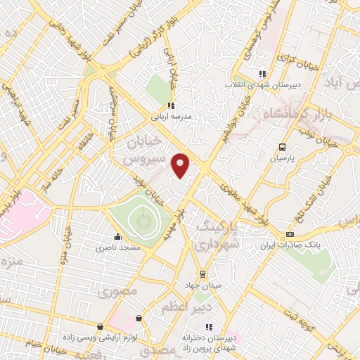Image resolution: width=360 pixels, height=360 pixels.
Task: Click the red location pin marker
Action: (181, 166)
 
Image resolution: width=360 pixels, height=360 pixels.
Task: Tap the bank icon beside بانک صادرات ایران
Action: (289, 234)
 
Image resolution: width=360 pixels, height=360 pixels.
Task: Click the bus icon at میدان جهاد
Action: (202, 274)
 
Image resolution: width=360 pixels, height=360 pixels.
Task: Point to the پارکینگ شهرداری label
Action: (217, 237)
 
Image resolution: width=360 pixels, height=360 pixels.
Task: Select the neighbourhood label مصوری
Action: (116, 291)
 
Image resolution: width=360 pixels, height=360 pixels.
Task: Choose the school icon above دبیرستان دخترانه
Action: (208, 327)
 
